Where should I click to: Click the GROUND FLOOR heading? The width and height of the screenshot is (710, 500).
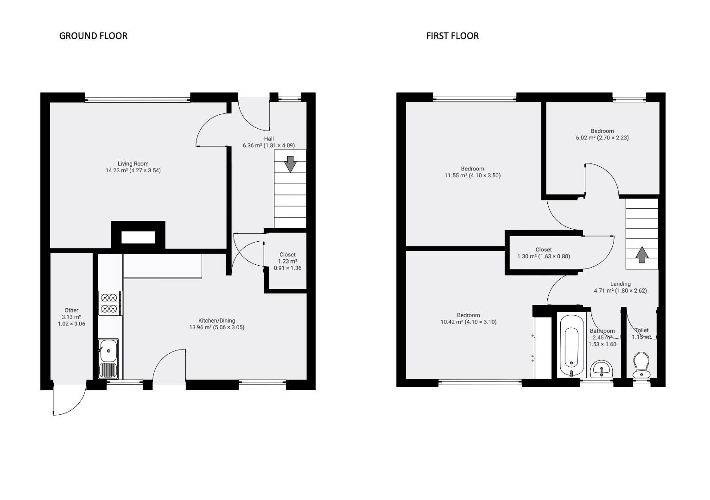[93, 36]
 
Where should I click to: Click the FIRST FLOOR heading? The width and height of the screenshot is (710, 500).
[452, 36]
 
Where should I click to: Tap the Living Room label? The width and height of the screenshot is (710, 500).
[133, 164]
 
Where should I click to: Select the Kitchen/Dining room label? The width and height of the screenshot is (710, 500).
[217, 320]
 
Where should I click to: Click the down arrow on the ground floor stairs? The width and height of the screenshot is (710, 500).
[290, 164]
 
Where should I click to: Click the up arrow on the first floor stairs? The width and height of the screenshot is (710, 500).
[642, 255]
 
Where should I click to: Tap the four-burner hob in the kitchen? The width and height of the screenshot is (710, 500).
[109, 303]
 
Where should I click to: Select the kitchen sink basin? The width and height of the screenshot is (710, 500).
[108, 350]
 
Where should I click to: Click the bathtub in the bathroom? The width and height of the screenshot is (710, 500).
[571, 346]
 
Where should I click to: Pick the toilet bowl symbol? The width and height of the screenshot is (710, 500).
[641, 365]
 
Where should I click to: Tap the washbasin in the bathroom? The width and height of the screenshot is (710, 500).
[602, 369]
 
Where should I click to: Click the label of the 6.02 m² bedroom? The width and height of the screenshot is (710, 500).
[602, 131]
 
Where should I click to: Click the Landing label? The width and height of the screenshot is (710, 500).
[620, 284]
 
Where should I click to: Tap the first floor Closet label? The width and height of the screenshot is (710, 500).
[544, 250]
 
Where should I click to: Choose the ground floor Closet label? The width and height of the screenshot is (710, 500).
[287, 255]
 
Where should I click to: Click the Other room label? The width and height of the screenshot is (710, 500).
[71, 310]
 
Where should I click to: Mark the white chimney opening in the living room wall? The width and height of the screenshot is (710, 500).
[138, 237]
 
